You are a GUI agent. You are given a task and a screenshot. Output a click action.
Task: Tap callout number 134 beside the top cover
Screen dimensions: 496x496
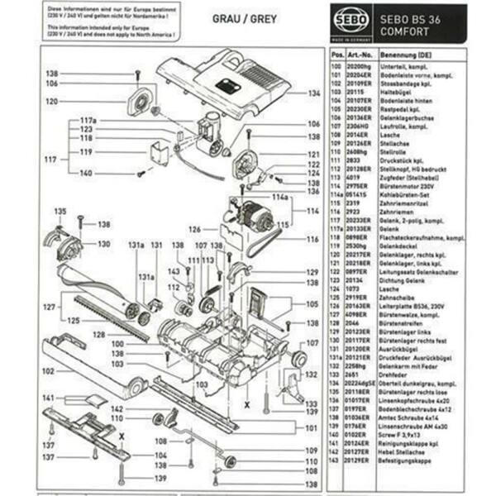pos(312,93)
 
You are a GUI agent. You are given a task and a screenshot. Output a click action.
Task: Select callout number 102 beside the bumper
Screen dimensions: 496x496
pos(47,370)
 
